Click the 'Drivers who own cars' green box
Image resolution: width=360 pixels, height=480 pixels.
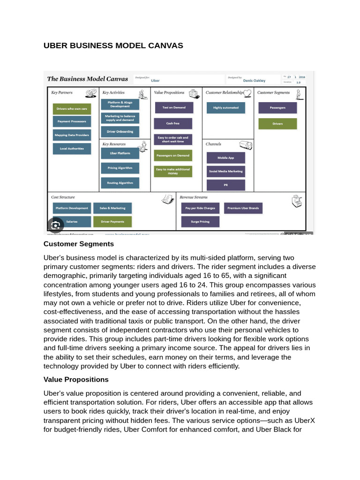[72, 108]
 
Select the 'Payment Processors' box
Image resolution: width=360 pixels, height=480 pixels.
[72, 121]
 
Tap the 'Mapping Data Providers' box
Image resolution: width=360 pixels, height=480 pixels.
[72, 135]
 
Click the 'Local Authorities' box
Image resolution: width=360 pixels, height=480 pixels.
[72, 149]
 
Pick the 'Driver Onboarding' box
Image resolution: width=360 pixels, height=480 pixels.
[120, 132]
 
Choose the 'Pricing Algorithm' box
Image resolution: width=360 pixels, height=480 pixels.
[120, 168]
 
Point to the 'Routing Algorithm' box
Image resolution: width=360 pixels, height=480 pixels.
[120, 183]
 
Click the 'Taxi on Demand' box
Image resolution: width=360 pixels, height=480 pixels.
[173, 107]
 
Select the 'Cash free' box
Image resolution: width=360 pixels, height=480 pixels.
[173, 123]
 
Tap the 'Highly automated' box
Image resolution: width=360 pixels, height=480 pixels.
[226, 108]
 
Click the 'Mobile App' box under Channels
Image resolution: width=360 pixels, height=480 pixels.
[226, 158]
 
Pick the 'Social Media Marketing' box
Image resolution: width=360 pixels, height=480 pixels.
[226, 172]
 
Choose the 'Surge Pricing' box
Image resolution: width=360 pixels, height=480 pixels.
[200, 221]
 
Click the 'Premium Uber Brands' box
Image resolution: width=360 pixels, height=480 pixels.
[243, 208]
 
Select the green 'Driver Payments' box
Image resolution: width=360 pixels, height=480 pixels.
[113, 221]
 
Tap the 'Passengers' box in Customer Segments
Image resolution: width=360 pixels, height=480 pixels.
[277, 108]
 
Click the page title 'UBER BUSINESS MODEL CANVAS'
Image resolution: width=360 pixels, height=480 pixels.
[113, 45]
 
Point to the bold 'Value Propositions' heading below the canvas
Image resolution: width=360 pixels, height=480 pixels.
[76, 379]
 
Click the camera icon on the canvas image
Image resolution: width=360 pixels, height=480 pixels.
[55, 225]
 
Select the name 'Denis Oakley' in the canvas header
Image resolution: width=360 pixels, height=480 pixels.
[254, 81]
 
